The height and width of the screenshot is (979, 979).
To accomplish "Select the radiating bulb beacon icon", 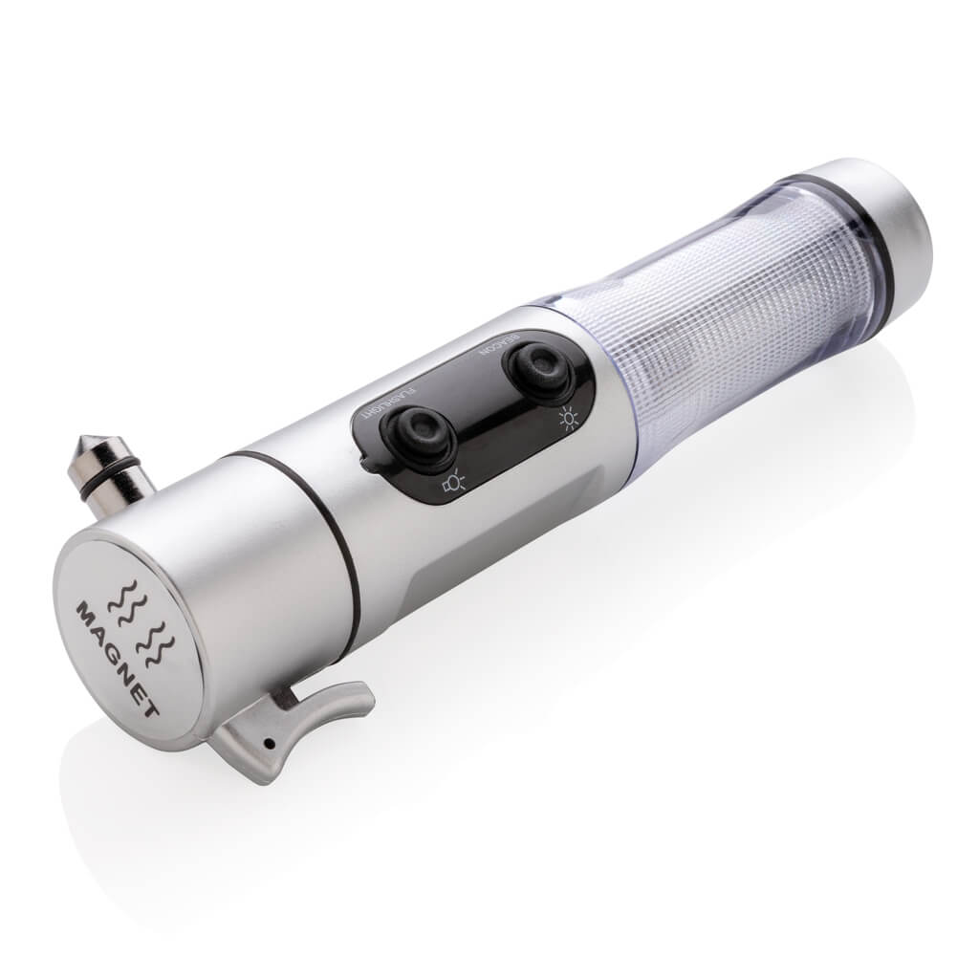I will tap(567, 418).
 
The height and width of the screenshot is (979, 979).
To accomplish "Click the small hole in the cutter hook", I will tap(272, 743).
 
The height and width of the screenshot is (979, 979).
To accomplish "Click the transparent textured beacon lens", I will tap(727, 315).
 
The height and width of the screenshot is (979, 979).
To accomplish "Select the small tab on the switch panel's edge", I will tap(367, 463).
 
